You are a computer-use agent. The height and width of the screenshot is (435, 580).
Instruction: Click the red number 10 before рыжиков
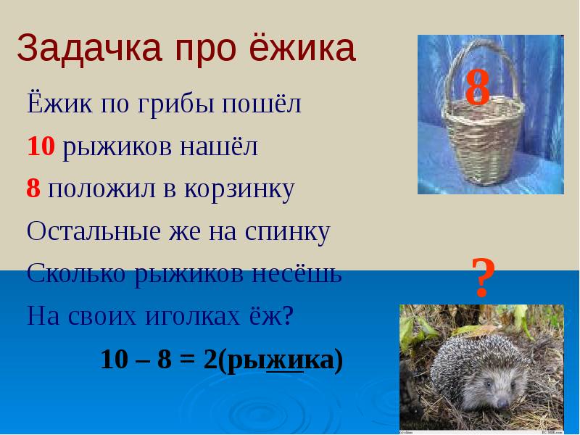pos(41,147)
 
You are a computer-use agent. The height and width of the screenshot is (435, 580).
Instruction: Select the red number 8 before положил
pos(33,189)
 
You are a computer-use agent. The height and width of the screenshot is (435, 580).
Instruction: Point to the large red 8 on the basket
pos(478,89)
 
